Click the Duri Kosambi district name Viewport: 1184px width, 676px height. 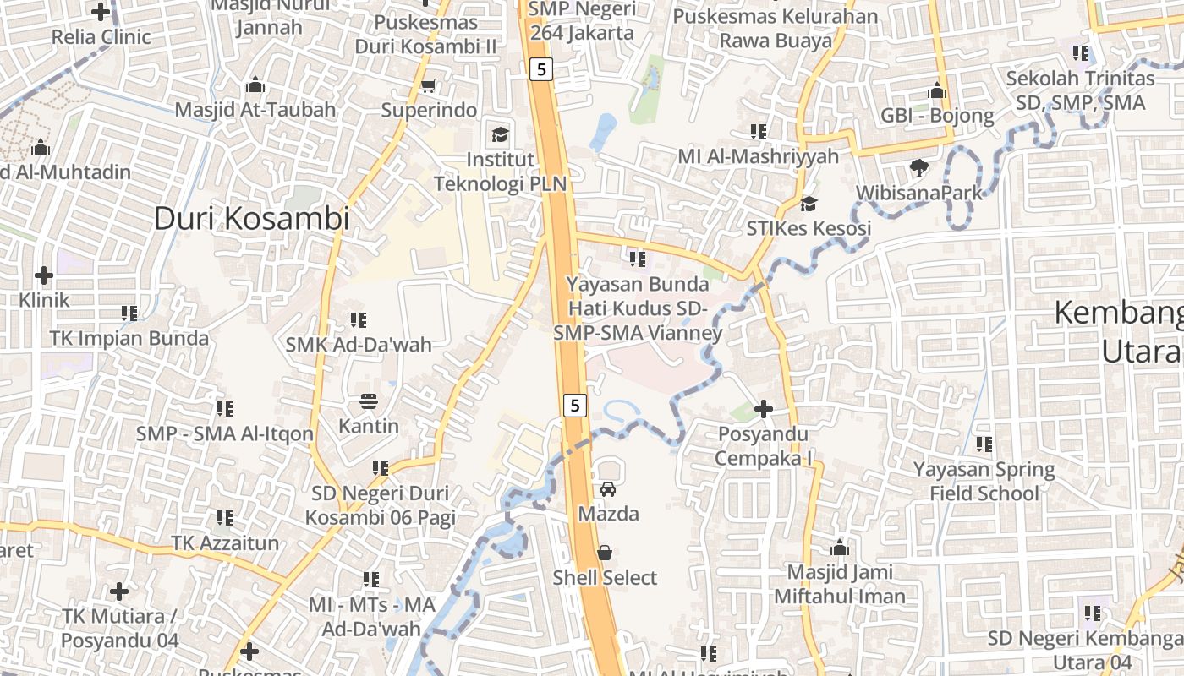251,219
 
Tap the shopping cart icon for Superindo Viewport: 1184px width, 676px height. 428,85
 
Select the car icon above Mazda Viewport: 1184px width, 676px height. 607,488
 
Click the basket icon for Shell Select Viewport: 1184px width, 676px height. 605,553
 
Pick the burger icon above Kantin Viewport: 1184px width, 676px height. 368,401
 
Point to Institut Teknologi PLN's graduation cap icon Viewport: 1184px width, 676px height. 501,134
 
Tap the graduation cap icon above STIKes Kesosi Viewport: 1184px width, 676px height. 809,204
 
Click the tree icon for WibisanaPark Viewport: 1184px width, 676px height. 919,168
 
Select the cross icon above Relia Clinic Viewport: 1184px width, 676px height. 101,12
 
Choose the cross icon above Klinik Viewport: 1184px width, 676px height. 44,275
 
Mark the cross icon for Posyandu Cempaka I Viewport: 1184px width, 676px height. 764,410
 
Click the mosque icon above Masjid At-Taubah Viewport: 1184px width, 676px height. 255,85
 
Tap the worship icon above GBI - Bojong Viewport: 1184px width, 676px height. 937,90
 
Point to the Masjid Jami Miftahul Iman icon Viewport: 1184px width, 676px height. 839,548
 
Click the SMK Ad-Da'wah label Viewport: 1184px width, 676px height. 359,345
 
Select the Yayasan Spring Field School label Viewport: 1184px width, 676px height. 984,481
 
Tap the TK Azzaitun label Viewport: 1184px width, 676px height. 225,542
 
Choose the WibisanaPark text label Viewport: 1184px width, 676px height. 919,193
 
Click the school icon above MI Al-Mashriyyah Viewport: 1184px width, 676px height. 758,131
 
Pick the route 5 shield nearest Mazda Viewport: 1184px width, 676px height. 575,406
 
